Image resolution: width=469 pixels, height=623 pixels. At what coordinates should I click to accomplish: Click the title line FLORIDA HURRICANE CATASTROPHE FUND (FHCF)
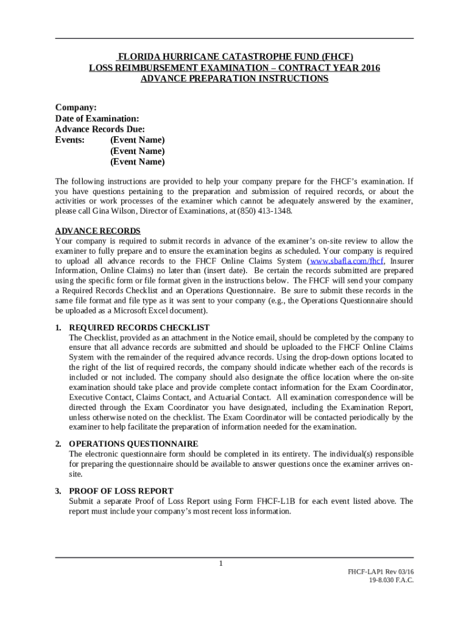point(234,57)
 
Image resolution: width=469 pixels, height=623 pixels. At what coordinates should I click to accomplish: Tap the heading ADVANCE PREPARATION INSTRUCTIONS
point(234,78)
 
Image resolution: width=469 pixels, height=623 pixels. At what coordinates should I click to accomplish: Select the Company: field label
point(76,107)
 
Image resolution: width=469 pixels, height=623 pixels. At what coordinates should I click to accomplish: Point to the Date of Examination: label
point(97,118)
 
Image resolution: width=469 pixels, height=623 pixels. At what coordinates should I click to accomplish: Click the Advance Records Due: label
point(100,129)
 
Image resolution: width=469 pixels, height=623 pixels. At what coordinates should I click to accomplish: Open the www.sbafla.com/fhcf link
point(347,261)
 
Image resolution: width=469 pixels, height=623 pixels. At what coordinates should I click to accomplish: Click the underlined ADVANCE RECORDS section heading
point(98,231)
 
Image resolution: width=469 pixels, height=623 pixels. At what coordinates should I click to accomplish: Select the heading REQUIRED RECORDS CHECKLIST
point(139,327)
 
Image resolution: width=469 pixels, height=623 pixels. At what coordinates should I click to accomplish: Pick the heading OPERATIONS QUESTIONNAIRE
point(133,444)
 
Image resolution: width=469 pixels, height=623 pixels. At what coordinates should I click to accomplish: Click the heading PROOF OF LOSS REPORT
point(121,491)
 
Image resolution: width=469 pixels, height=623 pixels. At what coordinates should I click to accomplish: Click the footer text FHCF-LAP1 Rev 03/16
point(381,572)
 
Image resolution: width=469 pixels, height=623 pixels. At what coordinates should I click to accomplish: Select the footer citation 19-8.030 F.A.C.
point(391,580)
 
